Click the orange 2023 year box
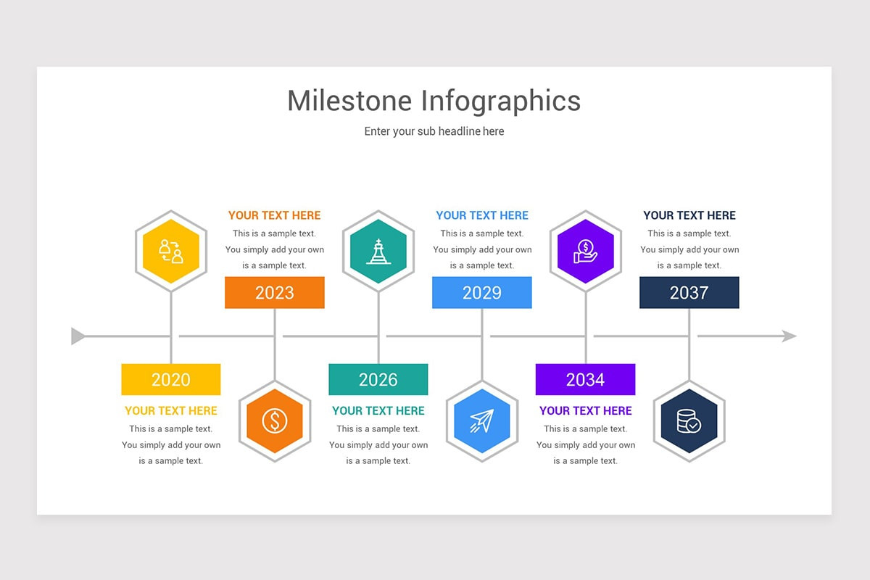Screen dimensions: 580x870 (274, 292)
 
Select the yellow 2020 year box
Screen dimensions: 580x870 (171, 379)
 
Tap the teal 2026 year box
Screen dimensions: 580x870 (378, 379)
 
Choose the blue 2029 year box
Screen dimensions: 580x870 (481, 292)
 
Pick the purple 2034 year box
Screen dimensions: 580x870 (585, 379)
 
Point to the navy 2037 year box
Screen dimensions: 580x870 (689, 292)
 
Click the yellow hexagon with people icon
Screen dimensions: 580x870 (171, 251)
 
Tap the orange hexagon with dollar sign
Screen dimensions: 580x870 (275, 420)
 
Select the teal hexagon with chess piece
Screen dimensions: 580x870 (378, 251)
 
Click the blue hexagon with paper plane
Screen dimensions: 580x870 (481, 420)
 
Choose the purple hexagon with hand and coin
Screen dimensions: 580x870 (585, 251)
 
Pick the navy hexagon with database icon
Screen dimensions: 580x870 (689, 420)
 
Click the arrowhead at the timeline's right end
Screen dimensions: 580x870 (789, 336)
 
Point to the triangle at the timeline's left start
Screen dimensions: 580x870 (78, 336)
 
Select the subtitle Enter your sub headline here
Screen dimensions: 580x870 (434, 131)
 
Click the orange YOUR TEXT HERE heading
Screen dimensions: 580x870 (274, 215)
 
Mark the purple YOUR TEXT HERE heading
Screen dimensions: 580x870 (585, 410)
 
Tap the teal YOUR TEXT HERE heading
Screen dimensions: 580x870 (378, 410)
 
